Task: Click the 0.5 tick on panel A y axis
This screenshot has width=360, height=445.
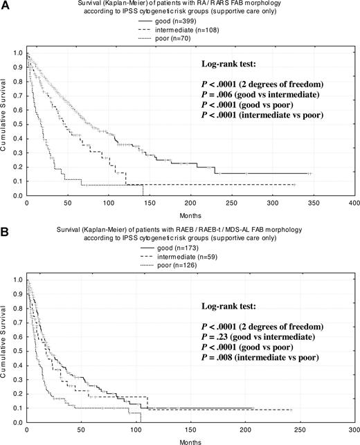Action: point(17,124)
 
